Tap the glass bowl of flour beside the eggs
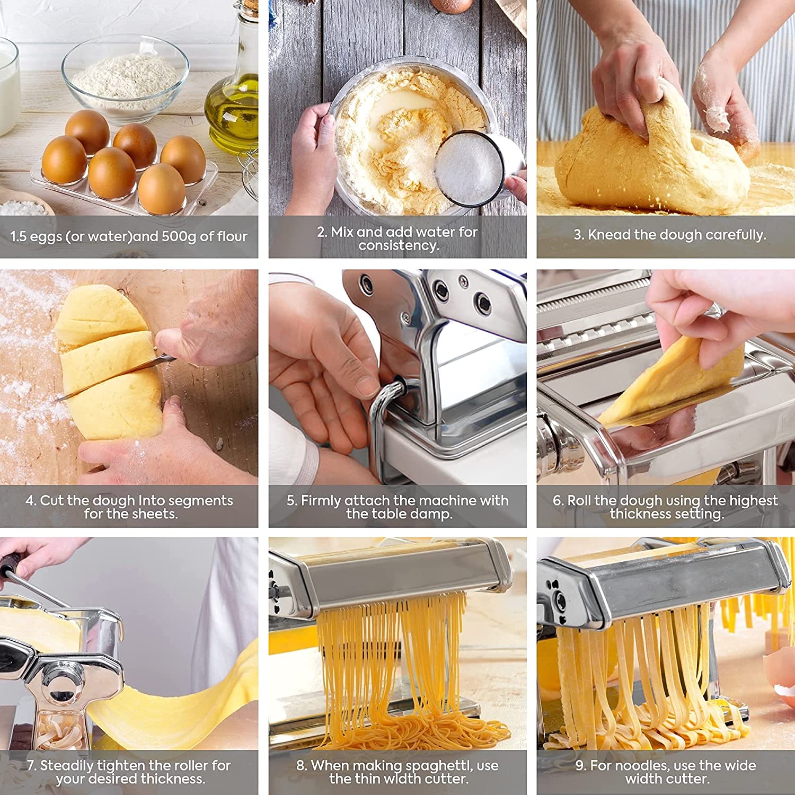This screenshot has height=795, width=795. click(x=126, y=77)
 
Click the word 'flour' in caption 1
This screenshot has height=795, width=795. click(x=231, y=236)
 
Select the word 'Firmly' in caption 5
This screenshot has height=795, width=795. click(x=321, y=500)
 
